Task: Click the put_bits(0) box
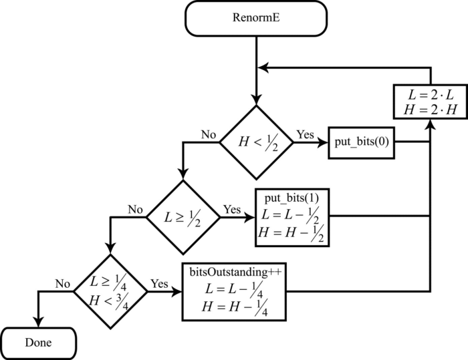[361, 142]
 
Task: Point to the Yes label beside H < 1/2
[306, 134]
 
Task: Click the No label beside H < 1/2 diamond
[209, 134]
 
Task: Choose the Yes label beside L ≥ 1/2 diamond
[232, 209]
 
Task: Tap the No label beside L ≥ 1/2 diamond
[136, 209]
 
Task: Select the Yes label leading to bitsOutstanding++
[159, 283]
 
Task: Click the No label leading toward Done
[63, 283]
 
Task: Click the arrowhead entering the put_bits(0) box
[323, 142]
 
